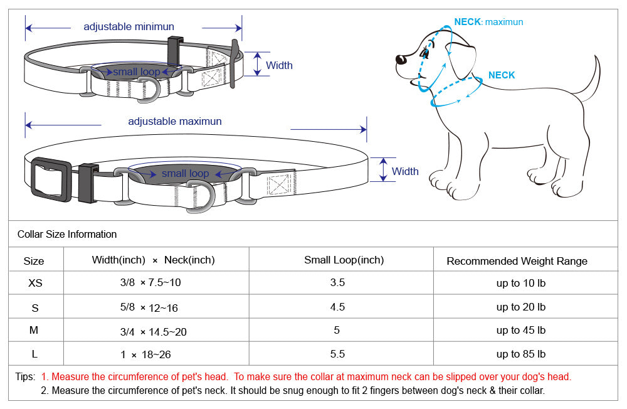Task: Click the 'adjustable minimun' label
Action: [129, 27]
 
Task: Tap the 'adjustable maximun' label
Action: [175, 121]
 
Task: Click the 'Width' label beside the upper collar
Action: [279, 65]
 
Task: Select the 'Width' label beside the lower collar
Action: [405, 171]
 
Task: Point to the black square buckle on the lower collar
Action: [51, 180]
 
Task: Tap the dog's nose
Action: [400, 60]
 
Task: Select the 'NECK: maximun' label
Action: [488, 22]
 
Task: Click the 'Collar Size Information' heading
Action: [67, 235]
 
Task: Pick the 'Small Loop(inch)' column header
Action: [344, 260]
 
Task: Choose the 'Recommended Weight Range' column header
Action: [517, 261]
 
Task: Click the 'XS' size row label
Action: [35, 283]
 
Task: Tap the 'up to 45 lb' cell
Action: [520, 331]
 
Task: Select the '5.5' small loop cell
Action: [337, 354]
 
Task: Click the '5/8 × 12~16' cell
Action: [150, 307]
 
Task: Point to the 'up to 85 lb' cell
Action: [520, 354]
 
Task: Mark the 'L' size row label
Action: [34, 354]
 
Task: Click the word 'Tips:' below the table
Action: [26, 377]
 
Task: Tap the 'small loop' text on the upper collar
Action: [137, 72]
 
